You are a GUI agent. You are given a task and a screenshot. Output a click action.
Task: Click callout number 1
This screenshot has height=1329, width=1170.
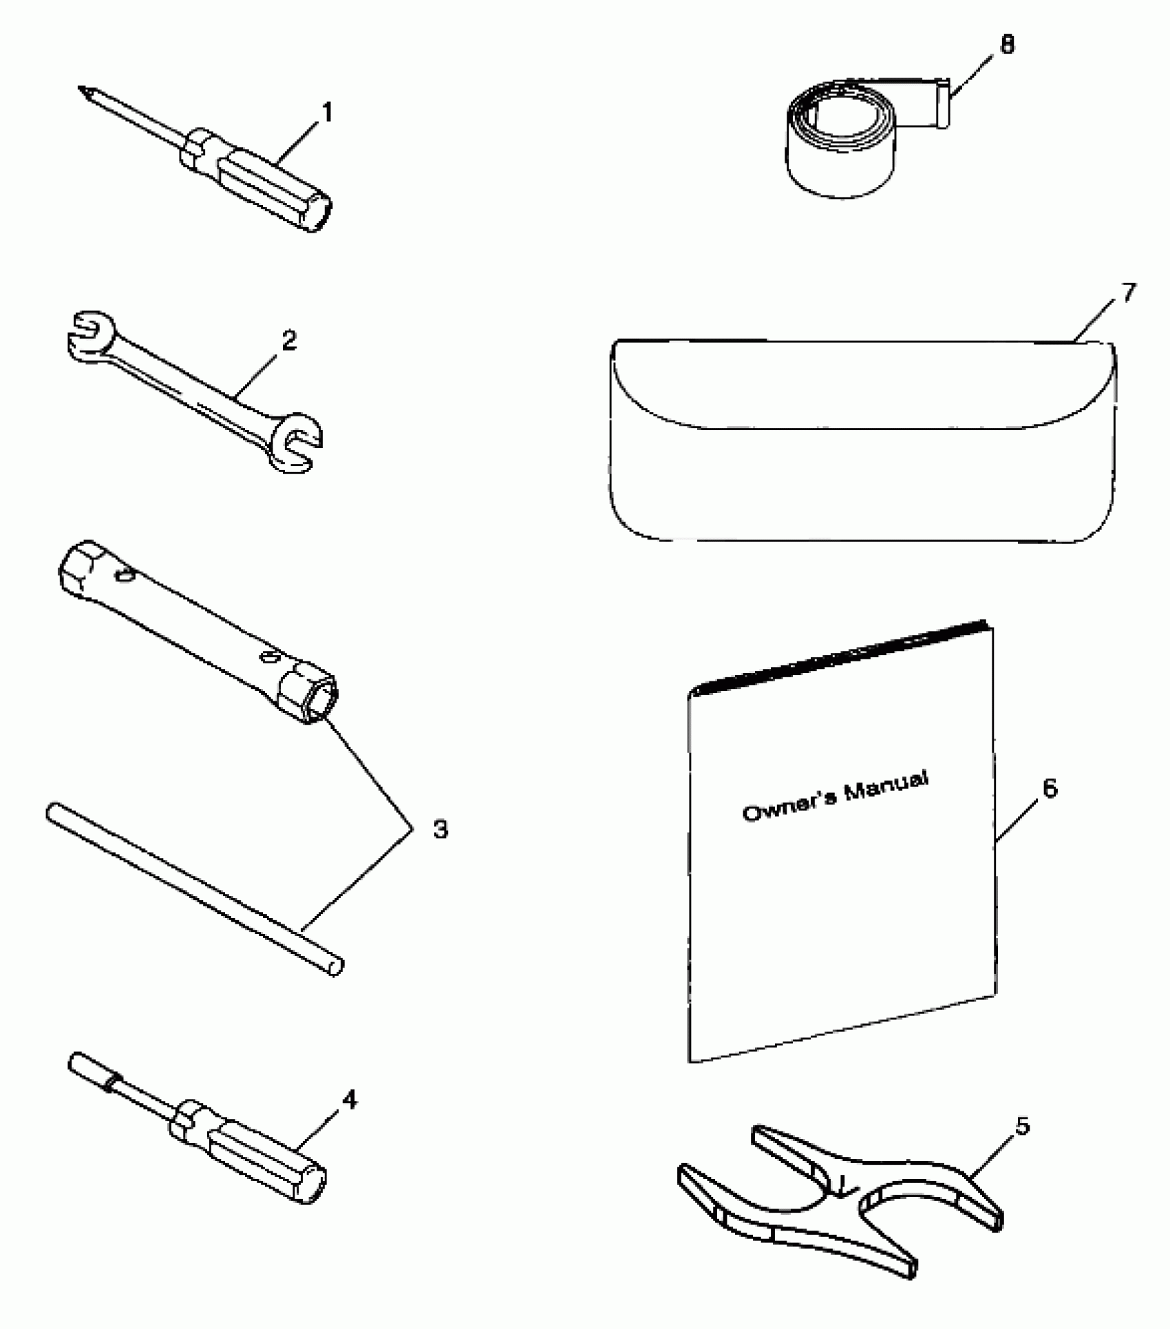click(x=327, y=112)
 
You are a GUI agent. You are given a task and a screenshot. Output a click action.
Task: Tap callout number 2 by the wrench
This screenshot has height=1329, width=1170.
click(x=288, y=340)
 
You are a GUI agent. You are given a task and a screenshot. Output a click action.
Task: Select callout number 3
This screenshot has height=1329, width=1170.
click(x=440, y=829)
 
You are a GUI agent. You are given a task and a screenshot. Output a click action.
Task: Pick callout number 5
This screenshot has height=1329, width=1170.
click(x=1023, y=1127)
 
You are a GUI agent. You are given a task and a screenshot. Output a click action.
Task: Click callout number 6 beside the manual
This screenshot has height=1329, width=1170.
click(x=1049, y=788)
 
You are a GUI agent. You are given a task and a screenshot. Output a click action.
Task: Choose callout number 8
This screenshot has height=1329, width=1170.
click(x=1007, y=45)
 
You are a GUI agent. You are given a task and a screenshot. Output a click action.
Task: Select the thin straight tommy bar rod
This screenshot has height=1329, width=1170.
click(x=193, y=888)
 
